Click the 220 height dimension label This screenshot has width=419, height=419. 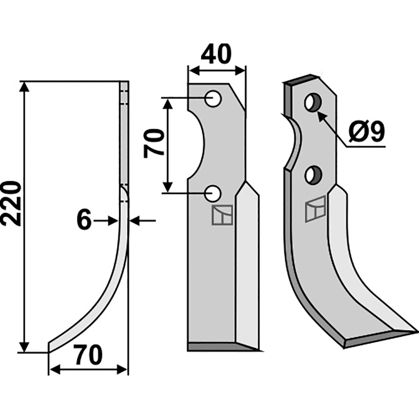(x=10, y=203)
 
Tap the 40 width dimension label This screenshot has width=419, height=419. (x=216, y=54)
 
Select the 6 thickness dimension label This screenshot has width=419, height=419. (x=84, y=220)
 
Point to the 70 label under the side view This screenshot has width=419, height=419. (x=88, y=355)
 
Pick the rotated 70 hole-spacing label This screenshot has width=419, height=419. (x=153, y=143)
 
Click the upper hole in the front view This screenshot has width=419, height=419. (x=213, y=99)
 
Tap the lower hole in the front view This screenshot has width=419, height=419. (x=213, y=193)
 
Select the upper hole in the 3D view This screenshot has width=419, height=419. (x=313, y=102)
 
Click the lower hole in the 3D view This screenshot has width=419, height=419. (x=314, y=175)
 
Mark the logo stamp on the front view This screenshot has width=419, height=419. (x=222, y=215)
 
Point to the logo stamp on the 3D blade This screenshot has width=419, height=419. (x=315, y=209)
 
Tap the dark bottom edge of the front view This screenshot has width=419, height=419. (x=224, y=347)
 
